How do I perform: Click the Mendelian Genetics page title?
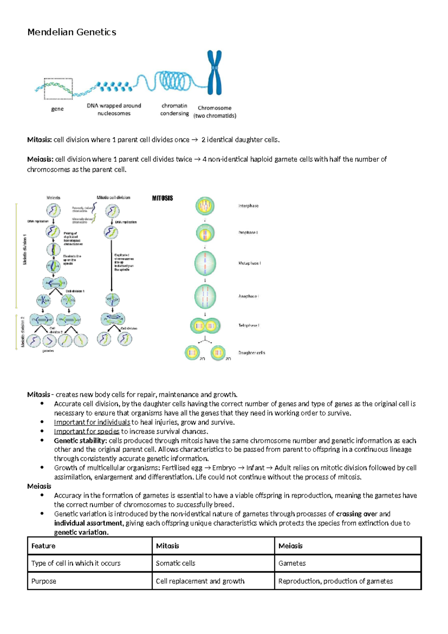[x=72, y=32]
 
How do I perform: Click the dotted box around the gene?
[x=58, y=89]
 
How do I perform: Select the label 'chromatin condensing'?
[x=174, y=110]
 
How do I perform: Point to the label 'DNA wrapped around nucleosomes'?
[x=114, y=110]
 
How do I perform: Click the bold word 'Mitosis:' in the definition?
[x=39, y=140]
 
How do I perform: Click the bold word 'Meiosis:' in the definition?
[x=40, y=159]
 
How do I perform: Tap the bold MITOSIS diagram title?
[x=162, y=198]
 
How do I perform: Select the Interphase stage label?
[x=248, y=206]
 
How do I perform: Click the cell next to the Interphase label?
[x=205, y=206]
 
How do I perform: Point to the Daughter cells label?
[x=252, y=353]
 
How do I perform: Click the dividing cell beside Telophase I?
[x=205, y=326]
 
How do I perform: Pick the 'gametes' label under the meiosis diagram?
[x=48, y=351]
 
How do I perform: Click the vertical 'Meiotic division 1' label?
[x=25, y=249]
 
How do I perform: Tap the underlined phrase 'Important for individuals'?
[x=92, y=422]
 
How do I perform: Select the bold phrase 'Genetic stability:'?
[x=80, y=441]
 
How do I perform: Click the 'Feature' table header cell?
[x=43, y=546]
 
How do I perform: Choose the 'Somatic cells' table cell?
[x=175, y=563]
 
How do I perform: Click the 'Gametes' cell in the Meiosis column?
[x=292, y=563]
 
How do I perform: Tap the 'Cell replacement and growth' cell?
[x=200, y=581]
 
